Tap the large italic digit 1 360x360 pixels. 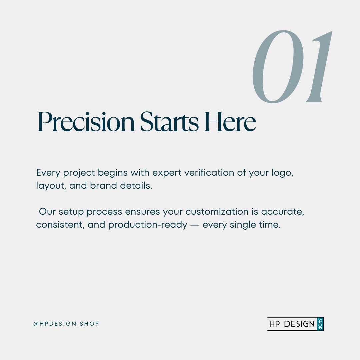[x=319, y=67]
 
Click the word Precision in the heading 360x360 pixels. [x=86, y=121]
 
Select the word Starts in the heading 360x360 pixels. [x=169, y=121]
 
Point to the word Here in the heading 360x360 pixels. [x=230, y=121]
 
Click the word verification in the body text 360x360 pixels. [x=209, y=172]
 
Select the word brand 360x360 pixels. [x=103, y=185]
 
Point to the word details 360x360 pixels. [x=136, y=185]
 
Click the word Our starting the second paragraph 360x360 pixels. [x=47, y=211]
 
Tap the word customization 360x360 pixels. [x=217, y=211]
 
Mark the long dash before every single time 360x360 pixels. [x=195, y=225]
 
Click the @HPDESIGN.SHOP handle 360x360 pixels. [x=66, y=324]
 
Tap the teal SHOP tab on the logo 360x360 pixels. [x=320, y=324]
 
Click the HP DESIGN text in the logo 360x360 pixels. [x=292, y=324]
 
